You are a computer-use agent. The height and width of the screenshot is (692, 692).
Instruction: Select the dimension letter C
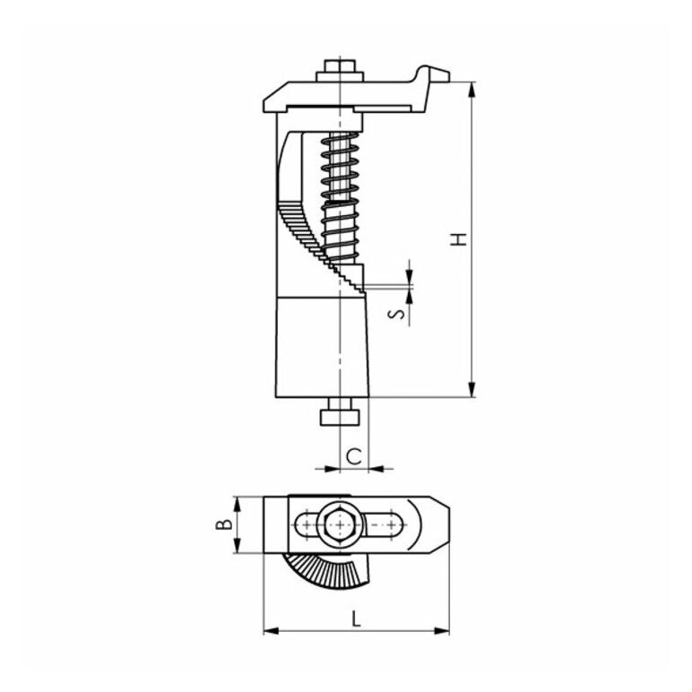click(x=354, y=456)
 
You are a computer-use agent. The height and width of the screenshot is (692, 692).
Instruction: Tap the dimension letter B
click(x=224, y=523)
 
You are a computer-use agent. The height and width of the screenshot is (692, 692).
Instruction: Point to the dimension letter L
click(x=356, y=618)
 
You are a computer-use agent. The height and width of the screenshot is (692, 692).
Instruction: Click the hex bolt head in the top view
click(x=340, y=524)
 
